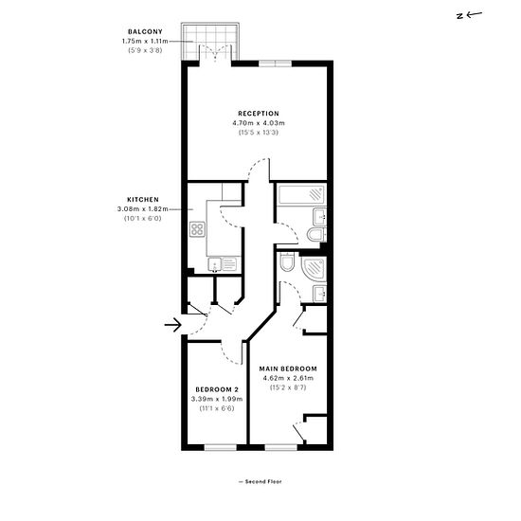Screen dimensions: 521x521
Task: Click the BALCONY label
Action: [145, 32]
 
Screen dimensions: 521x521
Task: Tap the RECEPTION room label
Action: [259, 114]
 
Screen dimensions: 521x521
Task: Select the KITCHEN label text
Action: [143, 200]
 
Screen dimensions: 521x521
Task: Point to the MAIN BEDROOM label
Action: [288, 368]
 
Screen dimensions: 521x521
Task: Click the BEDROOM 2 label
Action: [217, 389]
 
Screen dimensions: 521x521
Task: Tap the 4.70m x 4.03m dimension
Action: [259, 123]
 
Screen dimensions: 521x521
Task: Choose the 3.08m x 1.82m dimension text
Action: [142, 209]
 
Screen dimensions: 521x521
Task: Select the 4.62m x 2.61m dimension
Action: [288, 378]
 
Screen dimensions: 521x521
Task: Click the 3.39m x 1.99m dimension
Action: [217, 399]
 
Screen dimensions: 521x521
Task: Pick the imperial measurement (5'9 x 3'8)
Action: [145, 50]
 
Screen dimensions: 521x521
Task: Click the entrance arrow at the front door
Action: [173, 325]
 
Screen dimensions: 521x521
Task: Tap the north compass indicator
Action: [469, 15]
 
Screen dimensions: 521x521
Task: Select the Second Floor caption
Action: [260, 481]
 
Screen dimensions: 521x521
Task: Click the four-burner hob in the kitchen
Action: [197, 229]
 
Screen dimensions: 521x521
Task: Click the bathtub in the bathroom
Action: [301, 195]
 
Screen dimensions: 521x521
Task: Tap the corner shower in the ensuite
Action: [314, 268]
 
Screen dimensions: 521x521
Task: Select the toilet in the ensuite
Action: [287, 262]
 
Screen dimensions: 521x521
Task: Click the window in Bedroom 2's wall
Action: [220, 447]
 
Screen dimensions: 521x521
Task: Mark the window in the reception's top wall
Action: [275, 63]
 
